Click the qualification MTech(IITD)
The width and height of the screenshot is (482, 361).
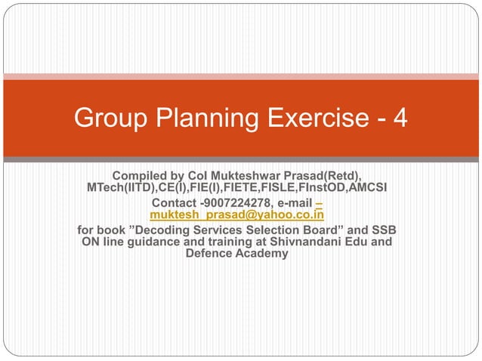(x=122, y=187)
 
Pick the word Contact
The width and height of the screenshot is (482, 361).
(x=175, y=203)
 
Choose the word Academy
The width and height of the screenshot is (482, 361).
(x=262, y=254)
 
